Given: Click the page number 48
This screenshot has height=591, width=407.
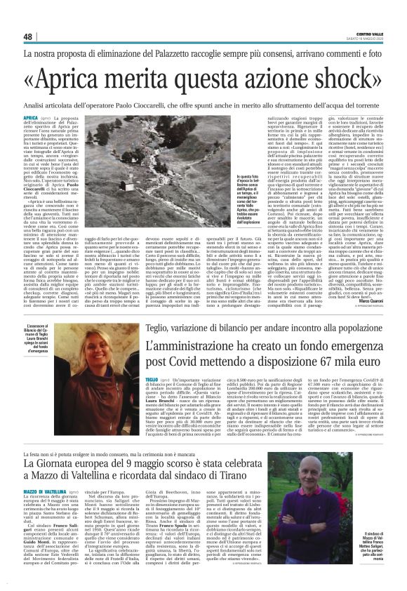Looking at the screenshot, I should tap(28, 36).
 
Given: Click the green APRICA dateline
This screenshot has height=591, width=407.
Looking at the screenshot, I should tap(30, 118).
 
